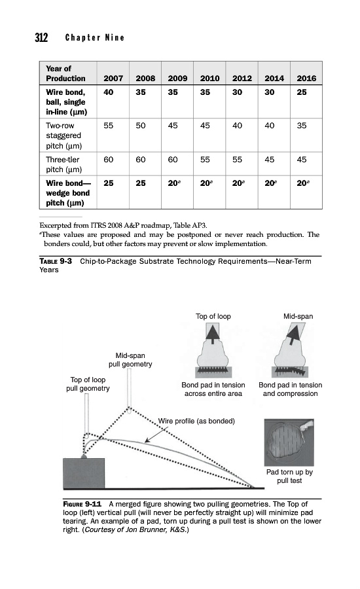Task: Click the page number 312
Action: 41,37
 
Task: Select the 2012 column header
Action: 242,78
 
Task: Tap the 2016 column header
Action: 306,78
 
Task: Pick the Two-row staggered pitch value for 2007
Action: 108,126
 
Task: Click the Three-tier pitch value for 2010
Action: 205,160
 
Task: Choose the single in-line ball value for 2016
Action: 301,92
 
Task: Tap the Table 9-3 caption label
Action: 56,261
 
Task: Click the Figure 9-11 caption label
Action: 82,504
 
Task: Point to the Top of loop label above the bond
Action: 213,316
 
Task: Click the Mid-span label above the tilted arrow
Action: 298,316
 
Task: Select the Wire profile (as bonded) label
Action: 196,421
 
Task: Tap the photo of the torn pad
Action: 289,442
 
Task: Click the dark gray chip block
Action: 84,473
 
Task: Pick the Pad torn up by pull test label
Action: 289,476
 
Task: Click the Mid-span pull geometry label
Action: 130,360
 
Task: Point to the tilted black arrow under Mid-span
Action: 293,334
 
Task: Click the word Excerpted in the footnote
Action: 56,226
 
